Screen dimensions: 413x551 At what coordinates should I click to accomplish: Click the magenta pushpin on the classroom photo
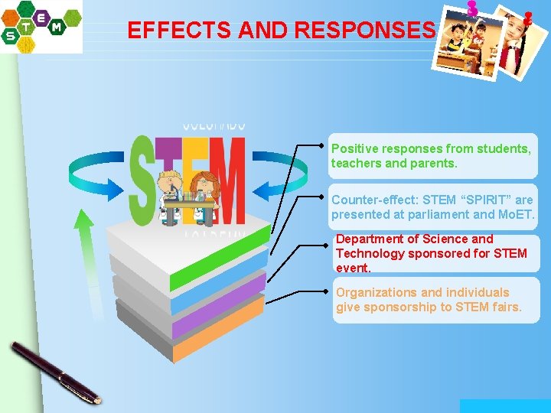point(472,9)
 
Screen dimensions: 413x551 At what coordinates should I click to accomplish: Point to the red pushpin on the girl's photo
point(527,18)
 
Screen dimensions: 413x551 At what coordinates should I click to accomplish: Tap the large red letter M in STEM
point(227,180)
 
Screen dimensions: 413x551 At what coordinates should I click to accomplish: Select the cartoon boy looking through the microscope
point(169,195)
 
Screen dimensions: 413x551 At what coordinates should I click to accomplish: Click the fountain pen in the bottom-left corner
point(54,371)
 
